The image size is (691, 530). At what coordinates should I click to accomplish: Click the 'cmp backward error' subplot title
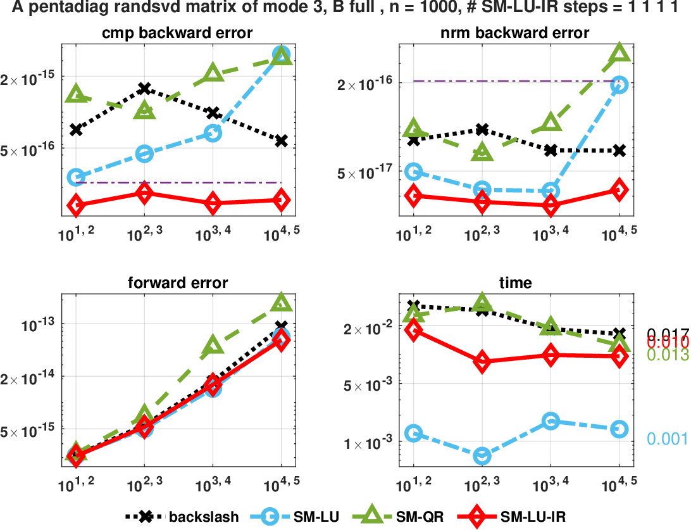[178, 33]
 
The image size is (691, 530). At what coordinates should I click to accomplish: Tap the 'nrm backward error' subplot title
[516, 33]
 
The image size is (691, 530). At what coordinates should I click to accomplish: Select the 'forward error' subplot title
[178, 283]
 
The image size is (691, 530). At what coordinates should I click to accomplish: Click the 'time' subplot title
[516, 283]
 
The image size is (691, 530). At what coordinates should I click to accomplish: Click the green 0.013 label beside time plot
[668, 355]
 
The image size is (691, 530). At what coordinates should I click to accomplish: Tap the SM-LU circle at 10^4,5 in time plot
[619, 429]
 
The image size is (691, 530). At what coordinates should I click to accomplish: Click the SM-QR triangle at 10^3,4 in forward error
[213, 345]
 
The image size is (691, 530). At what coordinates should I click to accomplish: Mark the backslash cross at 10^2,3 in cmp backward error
[145, 88]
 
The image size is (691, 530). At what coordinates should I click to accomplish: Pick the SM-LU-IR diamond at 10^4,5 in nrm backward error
[619, 189]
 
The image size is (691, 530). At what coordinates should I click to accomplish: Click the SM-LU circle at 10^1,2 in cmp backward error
[77, 177]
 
